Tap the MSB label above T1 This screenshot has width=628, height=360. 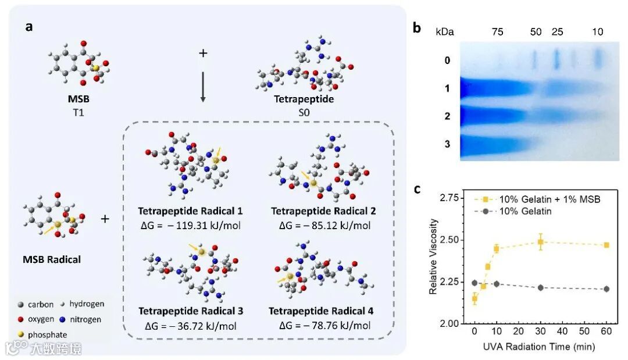pos(78,99)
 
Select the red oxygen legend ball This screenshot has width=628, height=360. pos(20,319)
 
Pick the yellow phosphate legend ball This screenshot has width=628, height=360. pos(20,334)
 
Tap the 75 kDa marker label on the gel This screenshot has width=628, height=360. pos(498,31)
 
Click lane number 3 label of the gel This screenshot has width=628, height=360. pos(447,143)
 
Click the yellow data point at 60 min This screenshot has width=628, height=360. pos(606,245)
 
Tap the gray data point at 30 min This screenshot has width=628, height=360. pos(541,288)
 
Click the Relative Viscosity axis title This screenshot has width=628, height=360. pos(434,254)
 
